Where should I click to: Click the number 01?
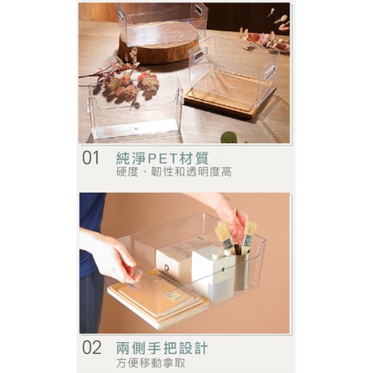(x=90, y=158)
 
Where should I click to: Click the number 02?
(x=91, y=347)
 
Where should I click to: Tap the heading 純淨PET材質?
(x=163, y=158)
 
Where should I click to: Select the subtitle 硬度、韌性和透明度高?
(x=174, y=172)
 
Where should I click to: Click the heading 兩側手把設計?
(x=162, y=348)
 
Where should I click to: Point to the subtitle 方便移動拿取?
(x=151, y=363)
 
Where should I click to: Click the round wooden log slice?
(x=159, y=46)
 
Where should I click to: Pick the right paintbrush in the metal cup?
(x=249, y=234)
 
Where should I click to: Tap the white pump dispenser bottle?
(x=212, y=270)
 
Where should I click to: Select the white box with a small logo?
(x=175, y=261)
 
